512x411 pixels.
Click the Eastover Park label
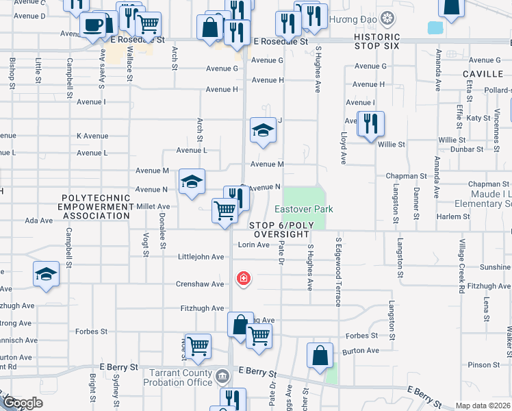(303, 208)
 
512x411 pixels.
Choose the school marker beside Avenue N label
(192, 182)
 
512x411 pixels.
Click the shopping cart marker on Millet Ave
(225, 211)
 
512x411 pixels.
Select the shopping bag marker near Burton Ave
(320, 356)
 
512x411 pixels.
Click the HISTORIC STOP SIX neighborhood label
(381, 40)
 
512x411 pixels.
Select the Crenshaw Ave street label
(200, 284)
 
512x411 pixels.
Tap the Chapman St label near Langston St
(407, 176)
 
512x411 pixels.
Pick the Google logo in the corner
(23, 403)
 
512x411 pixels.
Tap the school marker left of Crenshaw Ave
(47, 275)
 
